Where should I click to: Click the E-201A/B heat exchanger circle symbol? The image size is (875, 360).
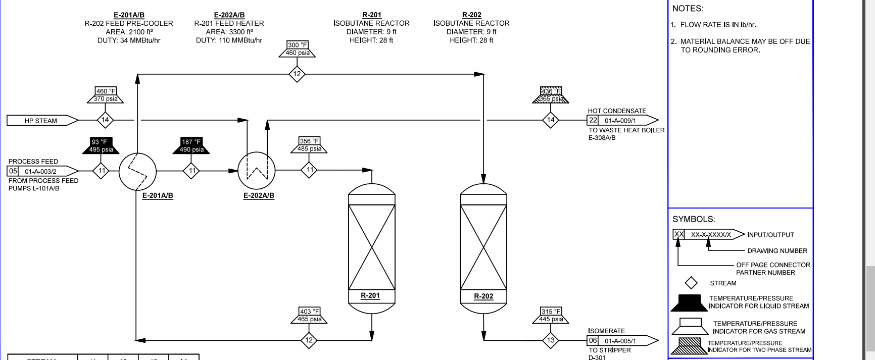pyautogui.click(x=137, y=171)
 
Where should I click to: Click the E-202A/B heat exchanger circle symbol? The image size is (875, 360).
pyautogui.click(x=257, y=171)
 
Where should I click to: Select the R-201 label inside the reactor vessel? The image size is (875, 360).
pyautogui.click(x=370, y=296)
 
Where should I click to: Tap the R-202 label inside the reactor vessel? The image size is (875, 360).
pyautogui.click(x=483, y=296)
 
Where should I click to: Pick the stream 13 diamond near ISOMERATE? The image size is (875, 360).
pyautogui.click(x=551, y=340)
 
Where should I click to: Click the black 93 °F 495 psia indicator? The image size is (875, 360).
pyautogui.click(x=101, y=146)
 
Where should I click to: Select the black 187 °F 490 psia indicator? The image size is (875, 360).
pyautogui.click(x=191, y=146)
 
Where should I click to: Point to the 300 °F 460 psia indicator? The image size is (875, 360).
pyautogui.click(x=297, y=49)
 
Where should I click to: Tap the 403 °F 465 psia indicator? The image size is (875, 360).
pyautogui.click(x=309, y=316)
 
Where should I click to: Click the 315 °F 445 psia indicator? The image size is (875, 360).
pyautogui.click(x=551, y=316)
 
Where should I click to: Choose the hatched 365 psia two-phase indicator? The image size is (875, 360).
pyautogui.click(x=551, y=95)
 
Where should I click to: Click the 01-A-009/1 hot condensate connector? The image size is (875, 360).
pyautogui.click(x=622, y=121)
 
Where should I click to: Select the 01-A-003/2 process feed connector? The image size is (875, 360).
pyautogui.click(x=42, y=171)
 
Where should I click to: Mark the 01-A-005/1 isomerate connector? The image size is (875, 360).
pyautogui.click(x=622, y=341)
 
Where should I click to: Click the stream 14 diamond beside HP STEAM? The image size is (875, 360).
pyautogui.click(x=105, y=120)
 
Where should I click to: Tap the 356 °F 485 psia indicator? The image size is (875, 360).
pyautogui.click(x=309, y=145)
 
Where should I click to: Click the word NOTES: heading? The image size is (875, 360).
pyautogui.click(x=688, y=9)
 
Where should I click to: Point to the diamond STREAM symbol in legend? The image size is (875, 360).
pyautogui.click(x=691, y=283)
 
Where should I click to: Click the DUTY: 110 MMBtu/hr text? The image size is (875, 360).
pyautogui.click(x=229, y=40)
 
